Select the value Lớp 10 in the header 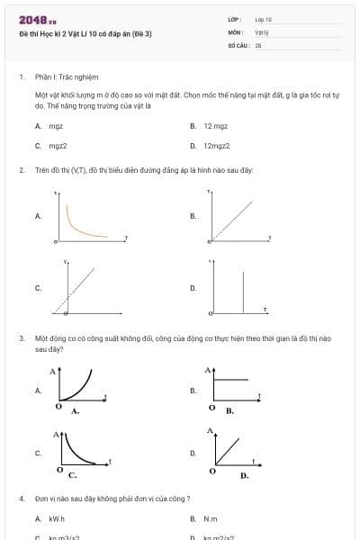[x=263, y=19]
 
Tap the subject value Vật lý [x=262, y=31]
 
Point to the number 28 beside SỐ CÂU [x=257, y=44]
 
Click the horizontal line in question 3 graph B [x=231, y=381]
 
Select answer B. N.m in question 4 [x=211, y=519]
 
